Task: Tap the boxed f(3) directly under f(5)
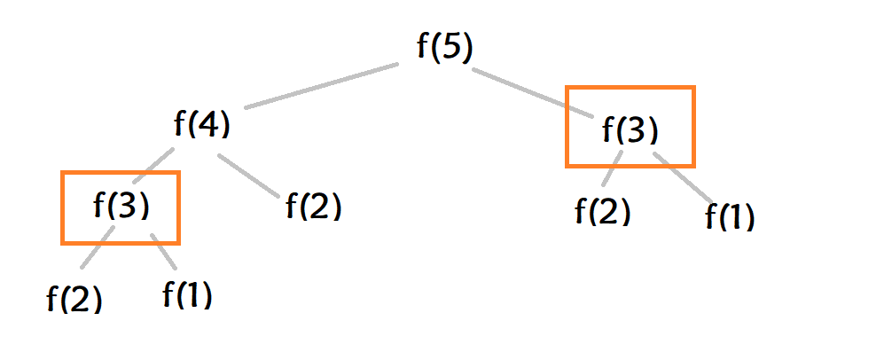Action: pos(630,130)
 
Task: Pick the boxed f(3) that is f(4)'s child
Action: pos(121,207)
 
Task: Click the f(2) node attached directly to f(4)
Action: pos(313,207)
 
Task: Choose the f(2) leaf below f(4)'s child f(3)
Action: pos(74,299)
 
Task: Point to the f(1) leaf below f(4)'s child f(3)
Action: pos(187,293)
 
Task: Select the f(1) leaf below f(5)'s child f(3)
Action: pos(730,215)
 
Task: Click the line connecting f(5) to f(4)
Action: pos(321,86)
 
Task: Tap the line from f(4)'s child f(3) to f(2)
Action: pos(97,248)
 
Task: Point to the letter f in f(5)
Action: pos(423,47)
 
